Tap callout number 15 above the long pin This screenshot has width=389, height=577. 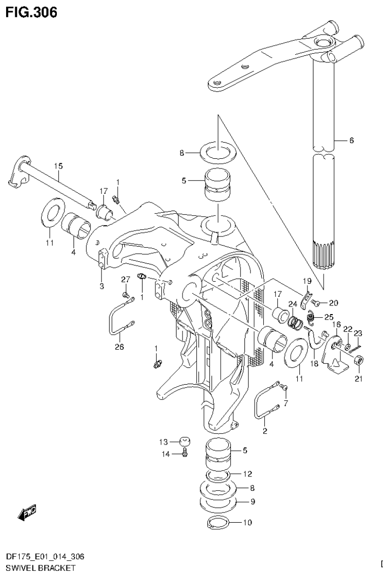[x=58, y=166]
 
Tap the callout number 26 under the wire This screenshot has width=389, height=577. [x=119, y=347]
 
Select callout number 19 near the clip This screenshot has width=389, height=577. [x=307, y=281]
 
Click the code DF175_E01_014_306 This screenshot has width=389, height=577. [x=46, y=557]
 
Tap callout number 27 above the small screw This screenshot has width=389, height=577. [x=125, y=280]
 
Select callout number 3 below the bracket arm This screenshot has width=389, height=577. [x=101, y=287]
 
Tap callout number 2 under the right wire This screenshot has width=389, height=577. [x=265, y=431]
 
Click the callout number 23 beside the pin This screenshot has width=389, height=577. [x=359, y=333]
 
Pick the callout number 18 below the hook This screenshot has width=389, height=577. [x=314, y=364]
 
